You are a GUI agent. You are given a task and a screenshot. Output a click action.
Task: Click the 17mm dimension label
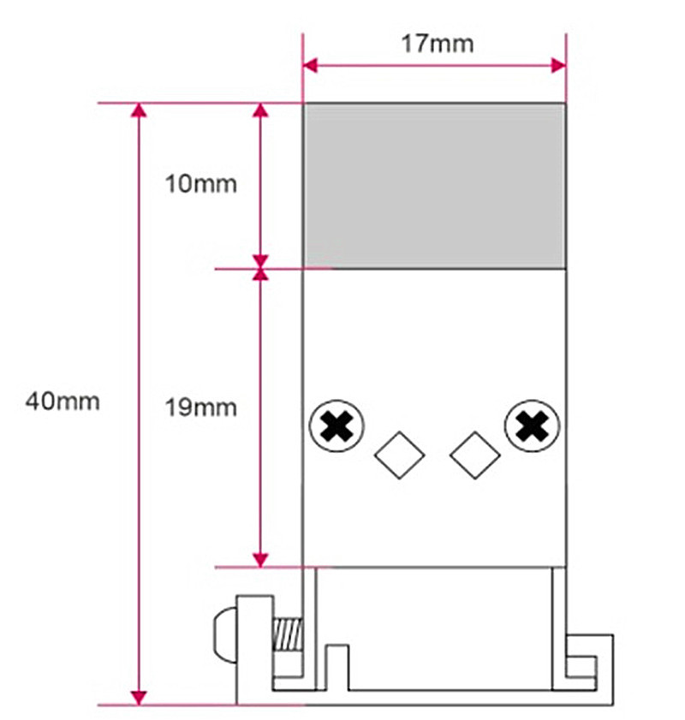[437, 44]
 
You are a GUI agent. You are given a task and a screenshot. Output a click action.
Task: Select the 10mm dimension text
[200, 184]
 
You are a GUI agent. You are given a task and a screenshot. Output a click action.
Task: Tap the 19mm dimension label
[200, 408]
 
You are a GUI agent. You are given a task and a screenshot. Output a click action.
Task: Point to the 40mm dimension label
[63, 402]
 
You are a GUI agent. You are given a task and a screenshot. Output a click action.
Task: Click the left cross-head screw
[337, 425]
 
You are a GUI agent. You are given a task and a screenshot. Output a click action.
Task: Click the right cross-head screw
[532, 425]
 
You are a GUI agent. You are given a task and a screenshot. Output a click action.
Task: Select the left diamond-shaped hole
[399, 455]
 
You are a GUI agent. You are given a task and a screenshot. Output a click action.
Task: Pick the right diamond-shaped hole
[474, 455]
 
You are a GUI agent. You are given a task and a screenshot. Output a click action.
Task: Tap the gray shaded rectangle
[434, 186]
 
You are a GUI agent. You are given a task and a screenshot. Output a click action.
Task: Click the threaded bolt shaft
[288, 634]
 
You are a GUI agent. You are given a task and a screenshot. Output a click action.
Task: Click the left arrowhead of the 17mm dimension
[310, 65]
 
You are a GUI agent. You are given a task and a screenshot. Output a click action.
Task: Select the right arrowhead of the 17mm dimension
[559, 65]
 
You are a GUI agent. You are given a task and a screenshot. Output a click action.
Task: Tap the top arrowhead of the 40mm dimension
[139, 110]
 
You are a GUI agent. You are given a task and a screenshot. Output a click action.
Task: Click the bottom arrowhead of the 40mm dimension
[139, 697]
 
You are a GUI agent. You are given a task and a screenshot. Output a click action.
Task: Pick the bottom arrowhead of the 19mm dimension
[260, 560]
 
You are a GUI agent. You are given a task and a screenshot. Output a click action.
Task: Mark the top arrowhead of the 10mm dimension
[260, 110]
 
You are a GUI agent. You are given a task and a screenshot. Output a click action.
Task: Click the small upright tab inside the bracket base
[337, 667]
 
